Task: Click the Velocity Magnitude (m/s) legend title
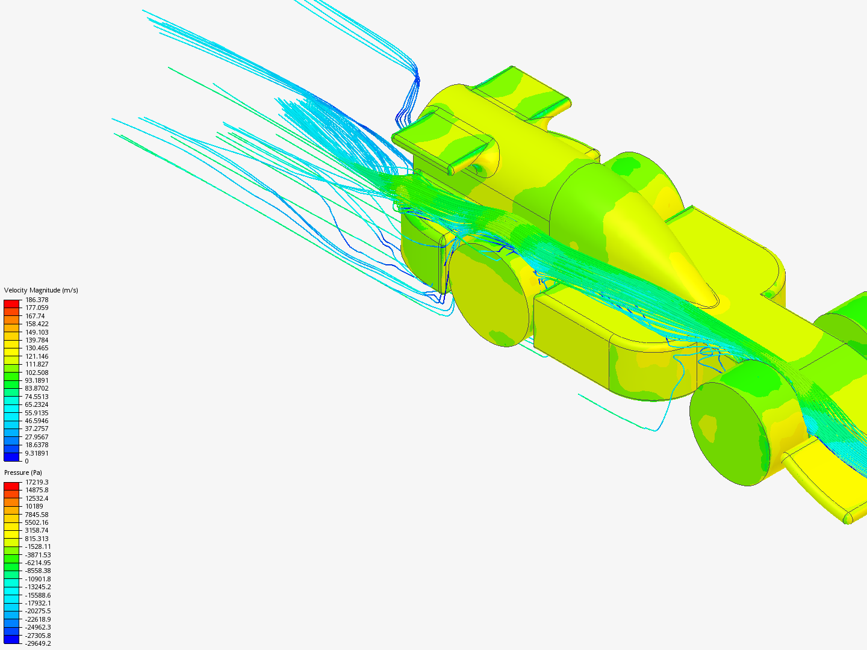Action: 41,290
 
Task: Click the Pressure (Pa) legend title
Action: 23,472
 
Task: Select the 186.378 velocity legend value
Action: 37,300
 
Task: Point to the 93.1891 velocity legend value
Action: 37,380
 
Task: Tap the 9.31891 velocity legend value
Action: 37,453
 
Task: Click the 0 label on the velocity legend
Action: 27,461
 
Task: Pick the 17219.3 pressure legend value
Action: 37,482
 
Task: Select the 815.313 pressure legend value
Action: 37,538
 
